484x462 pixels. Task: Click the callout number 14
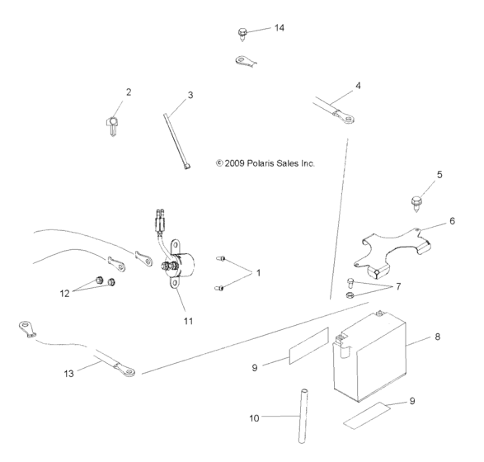[x=280, y=28]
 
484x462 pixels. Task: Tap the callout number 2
[x=129, y=92]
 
